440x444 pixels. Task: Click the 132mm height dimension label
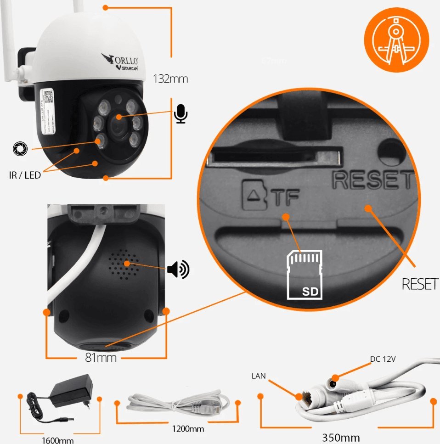click(170, 79)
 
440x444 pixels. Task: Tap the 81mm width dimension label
click(101, 358)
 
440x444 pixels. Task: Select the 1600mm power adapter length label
click(57, 440)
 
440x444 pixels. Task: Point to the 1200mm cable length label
click(188, 429)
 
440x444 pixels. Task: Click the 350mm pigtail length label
click(341, 437)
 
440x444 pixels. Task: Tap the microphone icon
click(181, 113)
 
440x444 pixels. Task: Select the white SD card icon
click(305, 274)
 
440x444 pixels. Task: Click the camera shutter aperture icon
click(20, 148)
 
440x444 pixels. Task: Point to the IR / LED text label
click(25, 175)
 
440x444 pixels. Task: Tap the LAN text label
click(259, 376)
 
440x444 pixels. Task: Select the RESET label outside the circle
click(420, 284)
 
